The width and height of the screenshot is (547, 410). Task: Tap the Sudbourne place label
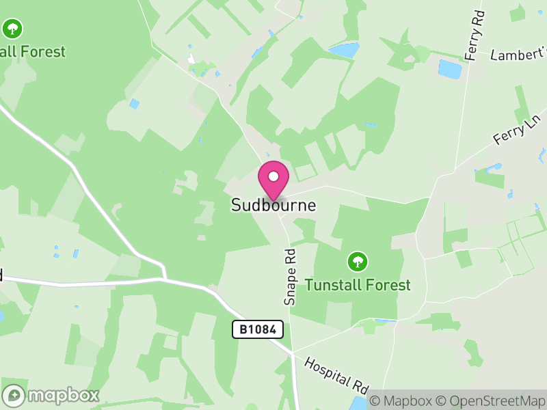[x=273, y=205]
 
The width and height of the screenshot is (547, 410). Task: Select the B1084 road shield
[x=258, y=329]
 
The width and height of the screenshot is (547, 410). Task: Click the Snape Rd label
[x=290, y=276]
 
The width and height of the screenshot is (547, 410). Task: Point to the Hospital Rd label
[x=337, y=374]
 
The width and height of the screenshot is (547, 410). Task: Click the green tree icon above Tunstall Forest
[x=357, y=261]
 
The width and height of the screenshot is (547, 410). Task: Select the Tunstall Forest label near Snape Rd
[x=358, y=284]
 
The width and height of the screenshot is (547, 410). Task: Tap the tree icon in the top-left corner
[x=12, y=29]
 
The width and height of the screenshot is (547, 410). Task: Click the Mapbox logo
[x=51, y=395]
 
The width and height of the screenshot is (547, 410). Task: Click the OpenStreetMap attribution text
[x=493, y=401]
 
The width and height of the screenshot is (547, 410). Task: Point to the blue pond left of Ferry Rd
[x=449, y=69]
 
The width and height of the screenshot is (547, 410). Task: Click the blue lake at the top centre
[x=344, y=50]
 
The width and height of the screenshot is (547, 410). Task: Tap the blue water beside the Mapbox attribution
[x=358, y=403]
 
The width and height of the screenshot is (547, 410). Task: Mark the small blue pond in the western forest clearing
[x=134, y=104]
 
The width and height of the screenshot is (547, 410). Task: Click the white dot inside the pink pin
[x=273, y=176]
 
